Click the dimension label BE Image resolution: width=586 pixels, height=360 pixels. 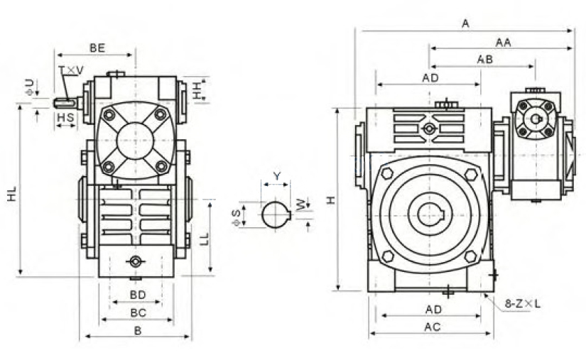pyautogui.click(x=97, y=48)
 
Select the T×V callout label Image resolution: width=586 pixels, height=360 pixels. pyautogui.click(x=71, y=70)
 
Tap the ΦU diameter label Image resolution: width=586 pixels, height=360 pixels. pyautogui.click(x=30, y=87)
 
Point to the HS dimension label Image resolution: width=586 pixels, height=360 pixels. pyautogui.click(x=65, y=118)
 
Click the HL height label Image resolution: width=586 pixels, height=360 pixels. pyautogui.click(x=12, y=194)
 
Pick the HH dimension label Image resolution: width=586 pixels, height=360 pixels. pyautogui.click(x=197, y=89)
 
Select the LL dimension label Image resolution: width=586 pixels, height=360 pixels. pyautogui.click(x=204, y=239)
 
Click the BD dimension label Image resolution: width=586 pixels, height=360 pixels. pyautogui.click(x=138, y=295)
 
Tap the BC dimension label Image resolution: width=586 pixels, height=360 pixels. pyautogui.click(x=138, y=313)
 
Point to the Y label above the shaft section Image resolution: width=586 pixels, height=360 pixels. pyautogui.click(x=276, y=176)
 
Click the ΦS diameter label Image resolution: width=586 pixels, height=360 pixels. pyautogui.click(x=236, y=218)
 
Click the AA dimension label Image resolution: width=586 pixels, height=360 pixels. pyautogui.click(x=503, y=43)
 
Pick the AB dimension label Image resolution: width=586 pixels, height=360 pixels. pyautogui.click(x=484, y=60)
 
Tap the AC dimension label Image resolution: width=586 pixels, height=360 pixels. pyautogui.click(x=433, y=327)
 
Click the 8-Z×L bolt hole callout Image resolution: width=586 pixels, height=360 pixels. pyautogui.click(x=523, y=304)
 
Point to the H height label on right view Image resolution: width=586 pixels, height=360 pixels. pyautogui.click(x=331, y=200)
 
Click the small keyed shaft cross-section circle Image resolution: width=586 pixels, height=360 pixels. pyautogui.click(x=276, y=214)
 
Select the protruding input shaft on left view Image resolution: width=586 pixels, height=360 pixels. pyautogui.click(x=68, y=103)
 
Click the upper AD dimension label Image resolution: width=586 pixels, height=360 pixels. pyautogui.click(x=430, y=78)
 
